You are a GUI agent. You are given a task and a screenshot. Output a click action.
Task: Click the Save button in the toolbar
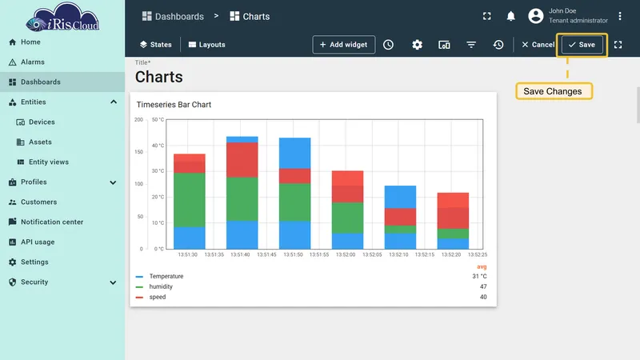(x=582, y=45)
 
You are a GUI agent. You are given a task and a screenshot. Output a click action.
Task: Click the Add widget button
(x=344, y=45)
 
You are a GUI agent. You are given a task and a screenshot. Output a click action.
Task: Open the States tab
(x=155, y=45)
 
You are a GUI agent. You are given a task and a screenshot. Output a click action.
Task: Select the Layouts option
(x=206, y=45)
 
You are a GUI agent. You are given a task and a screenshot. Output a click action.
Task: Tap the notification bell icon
(x=510, y=16)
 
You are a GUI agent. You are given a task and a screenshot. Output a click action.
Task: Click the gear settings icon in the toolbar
(x=417, y=45)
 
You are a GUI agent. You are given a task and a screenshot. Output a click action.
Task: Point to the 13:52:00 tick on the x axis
(x=346, y=254)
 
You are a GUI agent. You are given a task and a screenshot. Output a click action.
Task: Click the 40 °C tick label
(x=158, y=146)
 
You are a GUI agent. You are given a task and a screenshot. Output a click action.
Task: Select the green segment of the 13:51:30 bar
(x=190, y=200)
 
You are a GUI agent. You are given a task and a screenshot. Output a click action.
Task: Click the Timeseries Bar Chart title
(x=174, y=105)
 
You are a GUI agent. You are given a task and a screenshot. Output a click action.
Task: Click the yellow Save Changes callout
(x=554, y=91)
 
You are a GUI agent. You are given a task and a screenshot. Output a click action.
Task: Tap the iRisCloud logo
(x=62, y=17)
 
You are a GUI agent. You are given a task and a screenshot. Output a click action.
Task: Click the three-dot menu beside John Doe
(x=619, y=16)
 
